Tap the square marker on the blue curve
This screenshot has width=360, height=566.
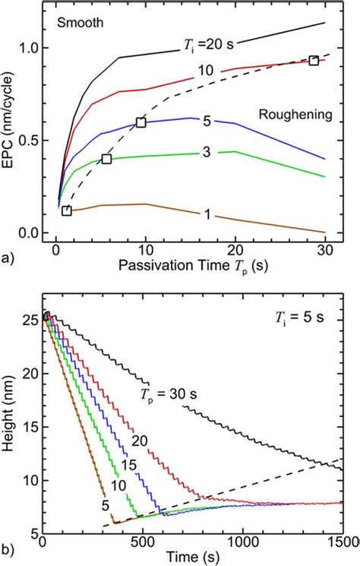tap(141, 122)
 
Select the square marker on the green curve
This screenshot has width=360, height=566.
tap(106, 159)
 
